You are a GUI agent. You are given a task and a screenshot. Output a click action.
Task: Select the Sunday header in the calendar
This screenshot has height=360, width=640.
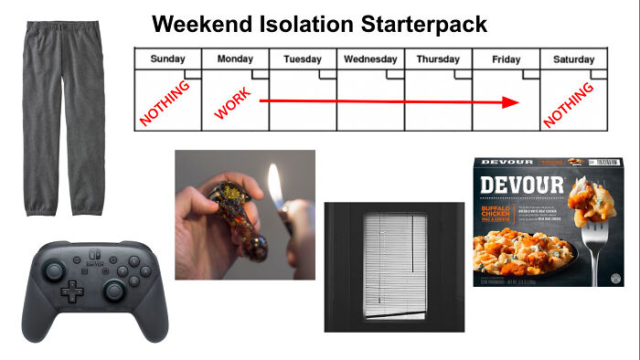167,59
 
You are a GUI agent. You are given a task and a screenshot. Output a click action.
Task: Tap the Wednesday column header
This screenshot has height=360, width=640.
370,59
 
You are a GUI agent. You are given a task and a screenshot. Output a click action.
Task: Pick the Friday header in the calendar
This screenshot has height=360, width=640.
506,59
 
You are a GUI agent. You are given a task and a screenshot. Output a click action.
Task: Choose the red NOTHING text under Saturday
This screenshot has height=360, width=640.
569,102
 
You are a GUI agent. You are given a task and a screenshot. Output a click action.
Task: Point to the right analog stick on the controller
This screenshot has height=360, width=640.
113,291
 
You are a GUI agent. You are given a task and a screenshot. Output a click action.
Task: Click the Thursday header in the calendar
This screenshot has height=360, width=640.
438,59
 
